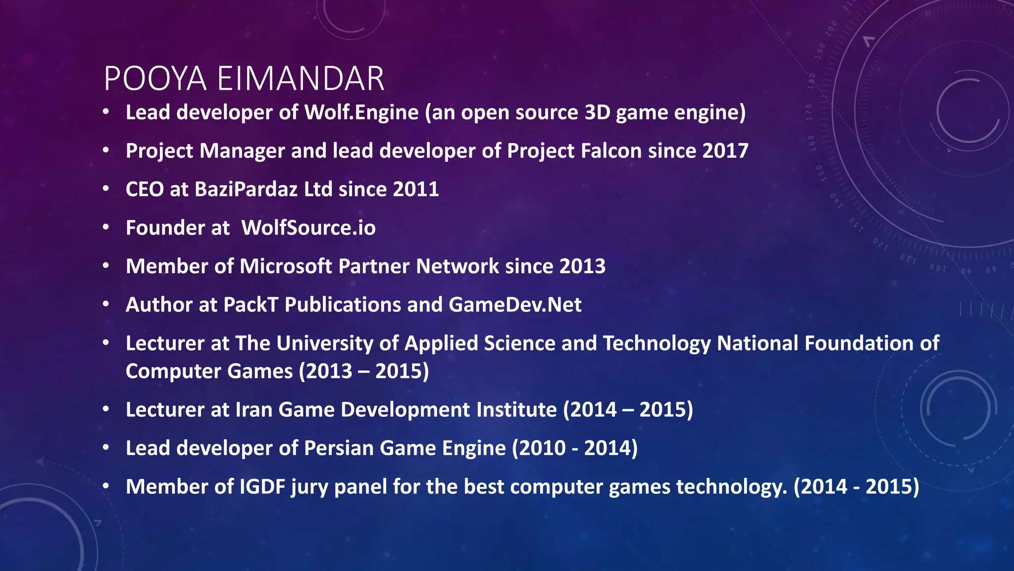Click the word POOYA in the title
(x=155, y=79)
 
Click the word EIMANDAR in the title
(x=301, y=79)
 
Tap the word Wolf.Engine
(x=361, y=113)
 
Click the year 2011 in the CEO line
(x=415, y=189)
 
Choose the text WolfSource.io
(x=308, y=228)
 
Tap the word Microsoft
(x=286, y=266)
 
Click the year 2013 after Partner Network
(x=582, y=266)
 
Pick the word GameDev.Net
(x=515, y=305)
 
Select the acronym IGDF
(x=262, y=487)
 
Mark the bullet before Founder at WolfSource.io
(x=106, y=228)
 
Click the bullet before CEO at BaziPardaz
(x=106, y=189)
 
